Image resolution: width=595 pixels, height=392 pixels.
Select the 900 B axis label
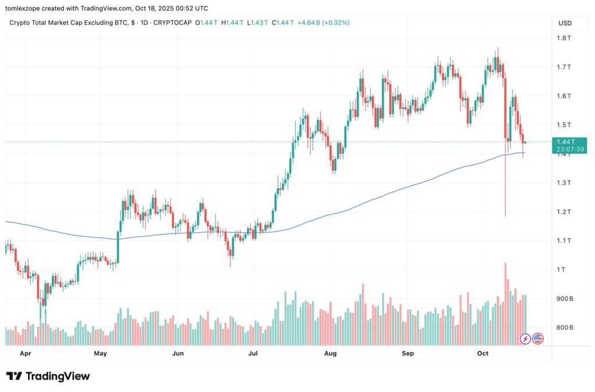coord(564,299)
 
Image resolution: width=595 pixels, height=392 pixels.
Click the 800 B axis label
coord(564,328)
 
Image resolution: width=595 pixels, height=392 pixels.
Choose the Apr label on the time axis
coord(26,353)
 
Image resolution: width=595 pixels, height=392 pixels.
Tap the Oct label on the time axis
coord(483,353)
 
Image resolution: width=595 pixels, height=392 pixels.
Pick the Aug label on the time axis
coord(330,353)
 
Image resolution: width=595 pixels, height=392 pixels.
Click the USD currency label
coord(565,23)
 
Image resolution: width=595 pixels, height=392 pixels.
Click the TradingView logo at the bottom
coord(48,376)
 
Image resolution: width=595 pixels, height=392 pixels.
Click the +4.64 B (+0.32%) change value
coord(323,23)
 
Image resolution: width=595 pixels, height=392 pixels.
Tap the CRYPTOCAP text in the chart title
coord(173,23)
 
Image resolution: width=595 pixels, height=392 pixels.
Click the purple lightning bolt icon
coord(525,338)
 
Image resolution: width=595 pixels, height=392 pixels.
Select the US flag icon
coord(537,338)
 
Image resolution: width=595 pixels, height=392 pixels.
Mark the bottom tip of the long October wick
coord(506,217)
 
